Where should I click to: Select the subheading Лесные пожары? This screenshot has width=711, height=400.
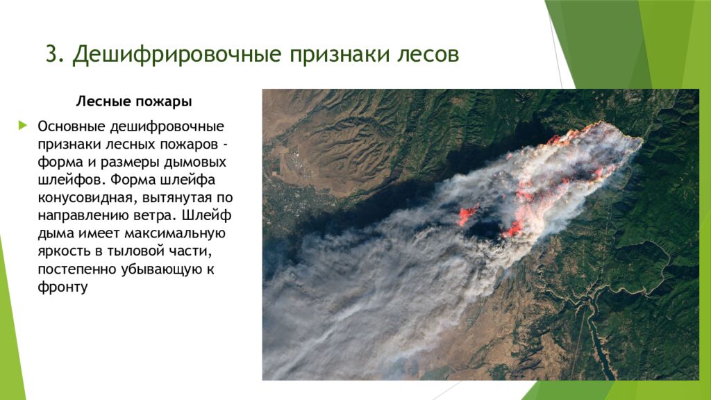(x=133, y=101)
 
